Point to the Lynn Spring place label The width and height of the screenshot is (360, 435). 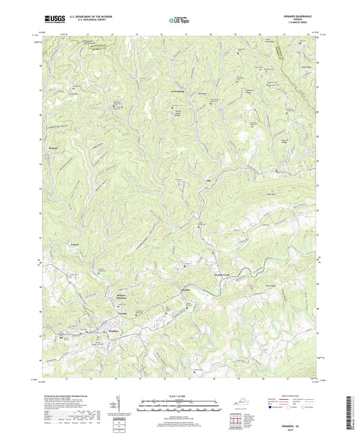click(178, 91)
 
